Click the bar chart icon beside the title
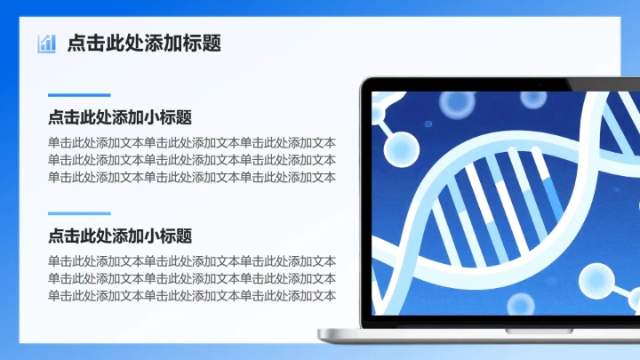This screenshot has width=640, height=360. pos(46,43)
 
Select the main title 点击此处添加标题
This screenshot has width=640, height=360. pos(144,43)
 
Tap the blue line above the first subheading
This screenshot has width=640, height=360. pos(79,95)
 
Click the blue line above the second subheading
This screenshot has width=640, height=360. pos(79,213)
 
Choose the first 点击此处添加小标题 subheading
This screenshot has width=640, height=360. pos(120,117)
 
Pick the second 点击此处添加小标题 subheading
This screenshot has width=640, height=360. pos(120,236)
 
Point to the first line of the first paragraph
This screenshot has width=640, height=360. pos(192,142)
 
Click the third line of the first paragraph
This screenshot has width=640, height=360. pos(192,176)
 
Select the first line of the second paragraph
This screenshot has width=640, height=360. pos(192,261)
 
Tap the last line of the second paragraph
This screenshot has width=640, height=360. pos(192,295)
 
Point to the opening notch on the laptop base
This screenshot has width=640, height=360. pos(539,330)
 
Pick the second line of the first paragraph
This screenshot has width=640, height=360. pos(192,159)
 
